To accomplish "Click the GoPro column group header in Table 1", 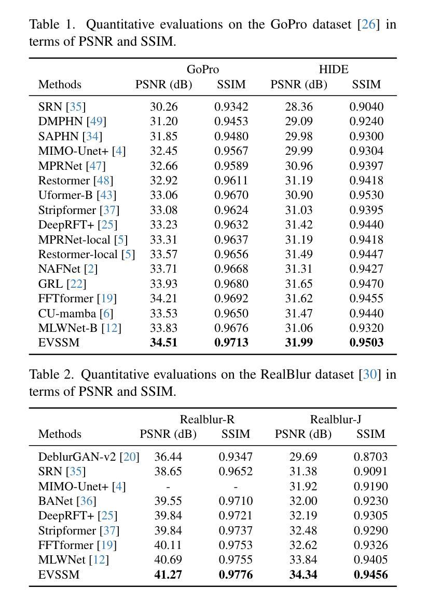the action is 202,70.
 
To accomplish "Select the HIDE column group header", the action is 334,70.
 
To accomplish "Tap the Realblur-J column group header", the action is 336,419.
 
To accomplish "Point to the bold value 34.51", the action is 163,342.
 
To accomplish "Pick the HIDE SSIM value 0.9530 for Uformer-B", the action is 366,195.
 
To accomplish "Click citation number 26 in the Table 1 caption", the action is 369,24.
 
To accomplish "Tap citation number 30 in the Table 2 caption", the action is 370,374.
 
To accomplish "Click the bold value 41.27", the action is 168,575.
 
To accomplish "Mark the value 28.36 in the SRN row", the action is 299,106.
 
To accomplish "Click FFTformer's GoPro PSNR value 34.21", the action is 163,298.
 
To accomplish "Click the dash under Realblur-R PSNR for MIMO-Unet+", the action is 168,487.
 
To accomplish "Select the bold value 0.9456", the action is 370,575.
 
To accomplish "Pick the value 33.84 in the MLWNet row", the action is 303,560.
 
